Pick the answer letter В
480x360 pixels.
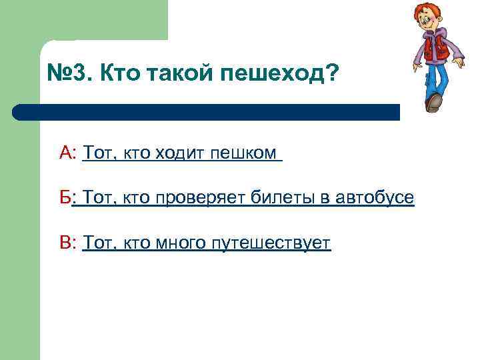(66, 243)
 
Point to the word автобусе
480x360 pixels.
(375, 197)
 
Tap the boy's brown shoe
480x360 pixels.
(434, 102)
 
